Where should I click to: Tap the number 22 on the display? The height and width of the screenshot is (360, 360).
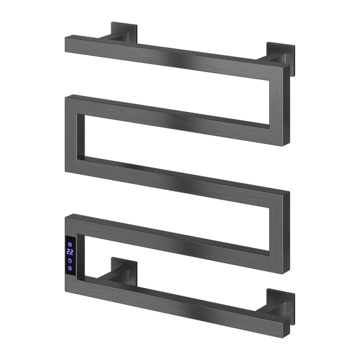pyautogui.click(x=70, y=252)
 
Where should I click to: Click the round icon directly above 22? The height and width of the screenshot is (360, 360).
pyautogui.click(x=70, y=244)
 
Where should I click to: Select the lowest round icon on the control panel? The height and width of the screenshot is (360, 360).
pyautogui.click(x=70, y=268)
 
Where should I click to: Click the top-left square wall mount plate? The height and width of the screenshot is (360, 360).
pyautogui.click(x=124, y=32)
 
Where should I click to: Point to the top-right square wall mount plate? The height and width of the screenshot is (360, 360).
pyautogui.click(x=281, y=58)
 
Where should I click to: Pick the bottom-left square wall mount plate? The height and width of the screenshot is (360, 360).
pyautogui.click(x=124, y=271)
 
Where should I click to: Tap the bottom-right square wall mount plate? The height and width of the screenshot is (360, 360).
pyautogui.click(x=281, y=306)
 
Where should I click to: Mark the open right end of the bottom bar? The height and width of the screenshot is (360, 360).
pyautogui.click(x=286, y=328)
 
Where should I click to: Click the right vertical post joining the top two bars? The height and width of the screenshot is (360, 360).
pyautogui.click(x=279, y=105)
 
